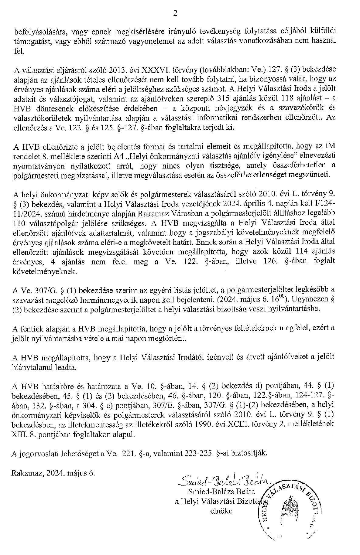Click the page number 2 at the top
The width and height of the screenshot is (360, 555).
(x=175, y=13)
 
